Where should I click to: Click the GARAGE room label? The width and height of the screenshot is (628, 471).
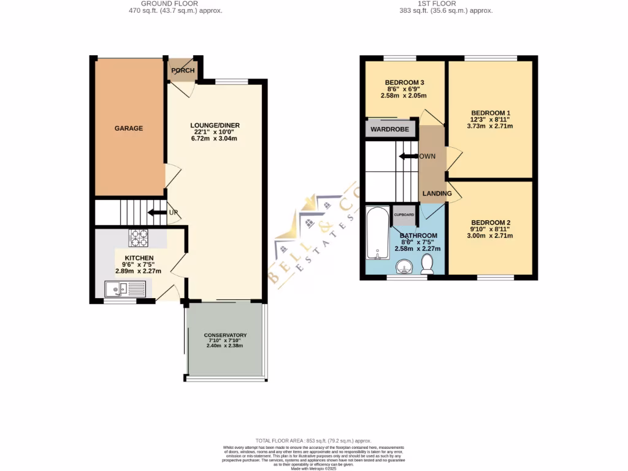129,129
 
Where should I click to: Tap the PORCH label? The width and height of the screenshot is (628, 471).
183,71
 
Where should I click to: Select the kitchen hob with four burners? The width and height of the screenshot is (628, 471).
139,237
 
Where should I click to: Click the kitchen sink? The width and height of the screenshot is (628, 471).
125,288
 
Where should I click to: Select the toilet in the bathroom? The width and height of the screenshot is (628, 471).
427,264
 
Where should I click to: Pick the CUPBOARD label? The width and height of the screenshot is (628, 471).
404,215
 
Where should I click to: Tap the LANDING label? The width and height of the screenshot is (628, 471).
437,194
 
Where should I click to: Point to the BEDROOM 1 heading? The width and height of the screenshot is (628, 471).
490,112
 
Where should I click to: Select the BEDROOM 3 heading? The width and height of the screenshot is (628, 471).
404,82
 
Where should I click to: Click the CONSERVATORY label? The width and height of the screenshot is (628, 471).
225,335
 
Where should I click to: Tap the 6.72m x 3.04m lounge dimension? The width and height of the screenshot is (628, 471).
214,139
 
